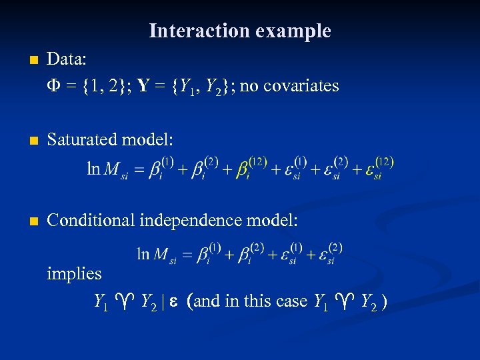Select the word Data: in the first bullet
click(67, 59)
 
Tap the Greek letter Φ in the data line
click(54, 86)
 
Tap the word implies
click(74, 273)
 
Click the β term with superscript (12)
click(253, 168)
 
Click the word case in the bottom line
click(291, 301)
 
